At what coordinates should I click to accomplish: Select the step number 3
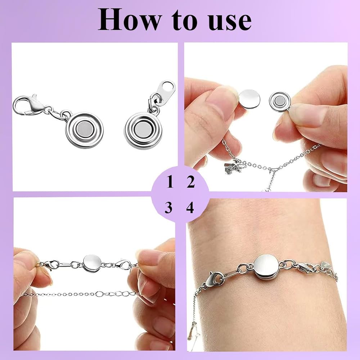tap(168, 208)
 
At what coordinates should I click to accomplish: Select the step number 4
tap(190, 208)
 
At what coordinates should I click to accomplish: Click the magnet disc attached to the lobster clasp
tap(84, 130)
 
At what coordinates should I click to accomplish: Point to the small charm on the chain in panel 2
tap(232, 168)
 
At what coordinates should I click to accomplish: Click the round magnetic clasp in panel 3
tap(92, 264)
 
